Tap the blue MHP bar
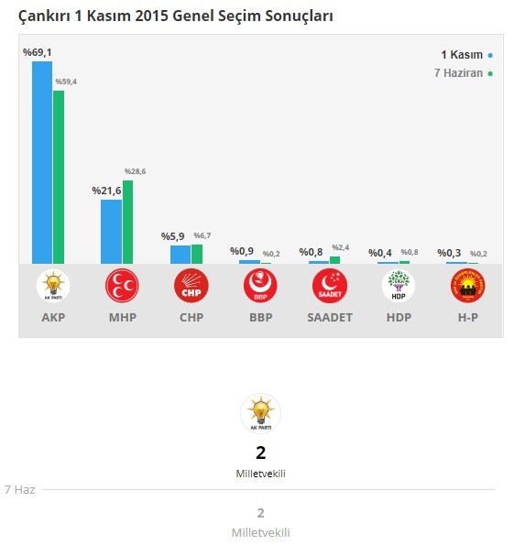pos(111,232)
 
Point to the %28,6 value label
pos(134,171)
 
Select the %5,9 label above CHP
pos(173,236)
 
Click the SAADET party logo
pos(329,287)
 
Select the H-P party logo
pos(467,287)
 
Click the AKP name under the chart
pos(53,318)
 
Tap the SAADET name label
pos(329,318)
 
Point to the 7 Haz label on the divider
pos(19,490)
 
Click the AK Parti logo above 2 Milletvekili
pos(260,413)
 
